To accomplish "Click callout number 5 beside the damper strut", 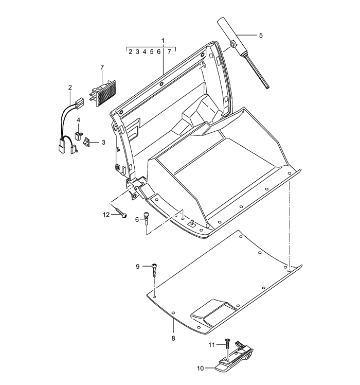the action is pyautogui.click(x=261, y=36).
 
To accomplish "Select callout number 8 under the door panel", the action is pyautogui.click(x=173, y=338).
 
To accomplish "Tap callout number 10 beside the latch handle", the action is pyautogui.click(x=201, y=369).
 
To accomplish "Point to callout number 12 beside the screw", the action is pyautogui.click(x=106, y=215).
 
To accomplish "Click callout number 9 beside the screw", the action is pyautogui.click(x=138, y=267).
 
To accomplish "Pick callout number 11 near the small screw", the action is pyautogui.click(x=211, y=345).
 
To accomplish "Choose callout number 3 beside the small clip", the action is pyautogui.click(x=103, y=142).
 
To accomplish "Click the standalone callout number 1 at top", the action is pyautogui.click(x=163, y=41).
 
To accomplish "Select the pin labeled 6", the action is pyautogui.click(x=146, y=218).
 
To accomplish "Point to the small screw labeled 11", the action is pyautogui.click(x=228, y=344).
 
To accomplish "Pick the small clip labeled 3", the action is pyautogui.click(x=87, y=142).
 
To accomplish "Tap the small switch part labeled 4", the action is pyautogui.click(x=78, y=135).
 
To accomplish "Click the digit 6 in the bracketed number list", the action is pyautogui.click(x=158, y=52).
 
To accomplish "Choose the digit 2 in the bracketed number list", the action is pyautogui.click(x=130, y=52).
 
